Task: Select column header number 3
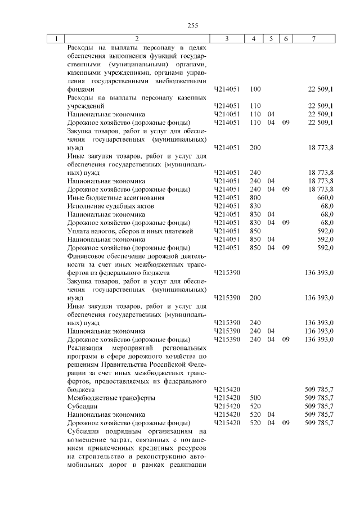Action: pos(227,39)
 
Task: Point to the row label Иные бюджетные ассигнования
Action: pos(108,198)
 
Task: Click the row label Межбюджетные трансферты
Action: pos(103,398)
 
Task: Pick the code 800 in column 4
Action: pos(255,198)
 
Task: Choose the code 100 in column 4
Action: pos(255,89)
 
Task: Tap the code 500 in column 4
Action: pos(255,398)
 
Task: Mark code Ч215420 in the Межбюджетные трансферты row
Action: pos(227,398)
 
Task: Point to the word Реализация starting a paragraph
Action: pos(86,348)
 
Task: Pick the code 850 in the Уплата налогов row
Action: pos(255,231)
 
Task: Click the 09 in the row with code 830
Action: pos(286,223)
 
